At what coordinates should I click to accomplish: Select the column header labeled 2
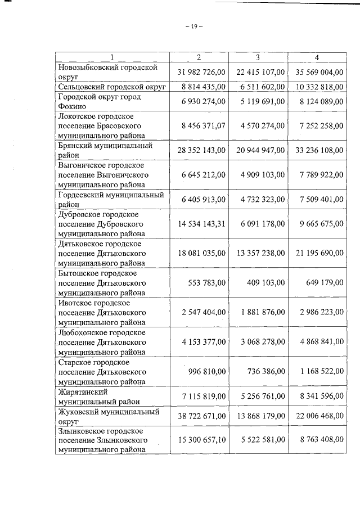pos(199,57)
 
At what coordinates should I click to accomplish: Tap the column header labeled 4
pos(317,57)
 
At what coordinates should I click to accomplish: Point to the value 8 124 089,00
pos(317,102)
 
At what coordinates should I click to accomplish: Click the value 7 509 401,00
pos(317,199)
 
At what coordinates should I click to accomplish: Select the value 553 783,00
pos(208,283)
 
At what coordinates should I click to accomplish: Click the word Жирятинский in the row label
pos(83,391)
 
